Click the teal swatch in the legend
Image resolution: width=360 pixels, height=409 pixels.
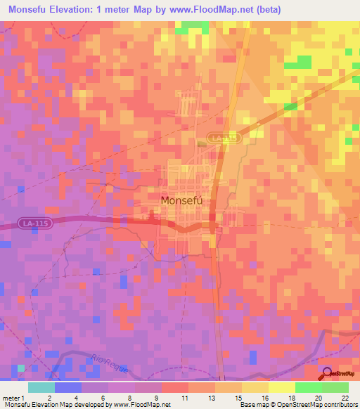[41, 387]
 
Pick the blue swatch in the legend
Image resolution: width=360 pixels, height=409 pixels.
[68, 387]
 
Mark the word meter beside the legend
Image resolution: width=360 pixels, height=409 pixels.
[10, 398]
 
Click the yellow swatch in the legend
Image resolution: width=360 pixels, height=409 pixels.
[282, 387]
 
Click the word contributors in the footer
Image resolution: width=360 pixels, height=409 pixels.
[340, 405]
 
